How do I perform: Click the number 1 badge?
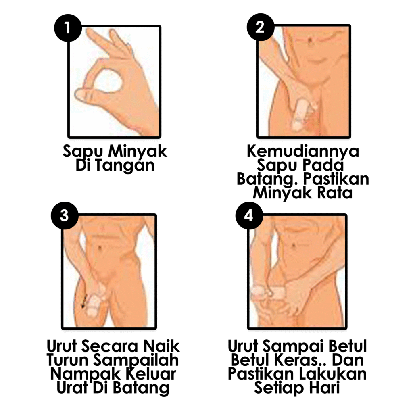click(x=68, y=28)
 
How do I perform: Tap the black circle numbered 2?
click(x=261, y=27)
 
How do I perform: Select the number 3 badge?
click(x=65, y=216)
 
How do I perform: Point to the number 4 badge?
click(x=249, y=216)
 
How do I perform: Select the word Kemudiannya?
click(x=303, y=151)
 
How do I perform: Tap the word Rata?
click(x=335, y=193)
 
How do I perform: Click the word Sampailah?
click(x=136, y=361)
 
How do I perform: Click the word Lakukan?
click(x=333, y=374)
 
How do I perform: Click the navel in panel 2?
click(x=310, y=40)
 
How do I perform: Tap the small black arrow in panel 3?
click(x=84, y=302)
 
